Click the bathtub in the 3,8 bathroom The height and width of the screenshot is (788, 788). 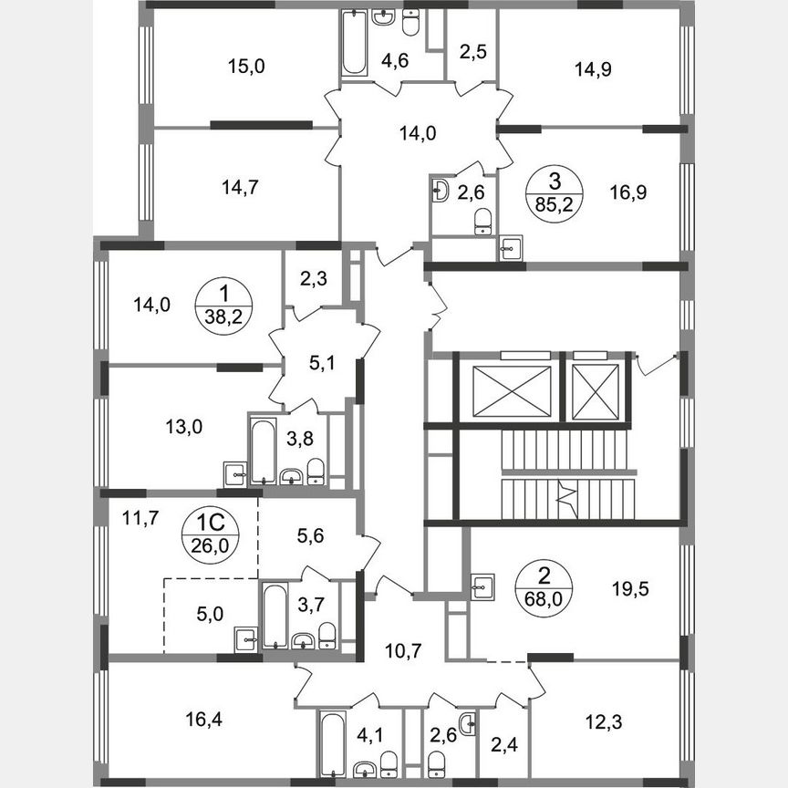click(262, 450)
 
